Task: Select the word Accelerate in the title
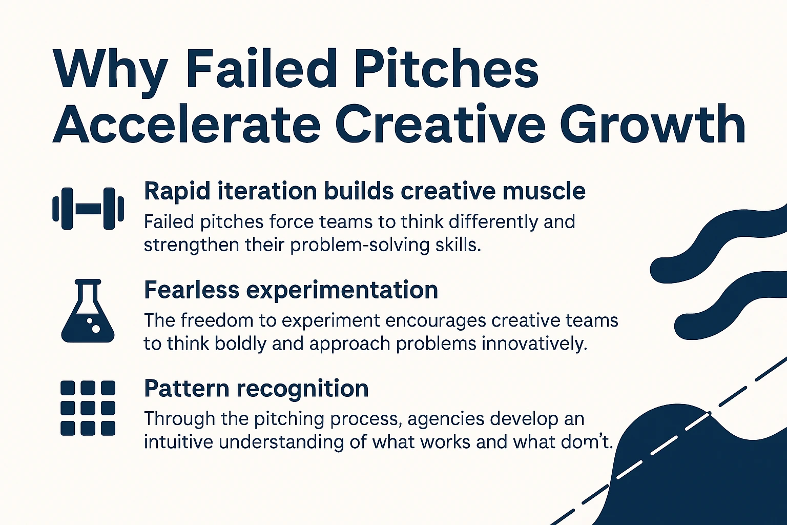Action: [x=186, y=125]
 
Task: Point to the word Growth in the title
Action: [x=652, y=125]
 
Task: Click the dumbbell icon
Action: [x=88, y=209]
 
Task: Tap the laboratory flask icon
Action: [x=88, y=311]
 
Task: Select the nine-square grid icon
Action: [x=88, y=408]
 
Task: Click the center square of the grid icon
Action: [x=88, y=408]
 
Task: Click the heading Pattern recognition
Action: [x=256, y=390]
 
